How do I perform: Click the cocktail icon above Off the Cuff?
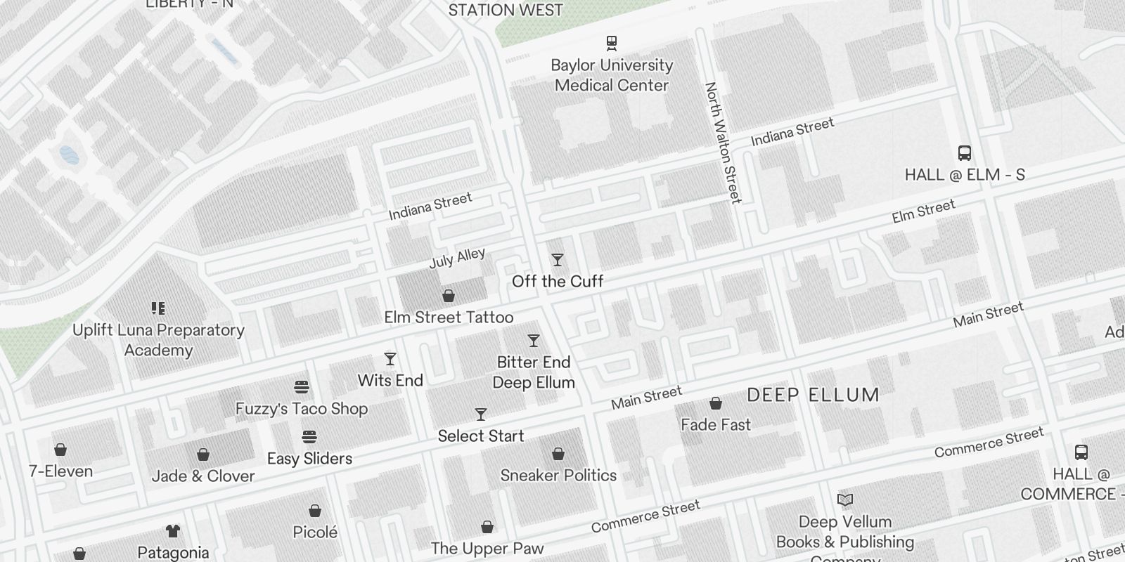[x=558, y=261]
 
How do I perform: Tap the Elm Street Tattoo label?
[x=449, y=318]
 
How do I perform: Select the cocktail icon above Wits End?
[x=390, y=360]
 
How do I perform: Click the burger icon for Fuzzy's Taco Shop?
[x=302, y=387]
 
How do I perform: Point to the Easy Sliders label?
[x=309, y=459]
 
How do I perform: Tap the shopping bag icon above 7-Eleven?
[x=60, y=450]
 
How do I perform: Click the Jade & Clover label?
[x=203, y=476]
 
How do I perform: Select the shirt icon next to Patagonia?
[x=172, y=531]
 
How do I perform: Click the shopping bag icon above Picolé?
[x=315, y=511]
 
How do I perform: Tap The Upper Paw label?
[x=487, y=549]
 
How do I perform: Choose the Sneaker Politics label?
[x=558, y=476]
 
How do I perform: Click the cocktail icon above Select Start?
[x=481, y=414]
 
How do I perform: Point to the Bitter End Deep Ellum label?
[x=534, y=372]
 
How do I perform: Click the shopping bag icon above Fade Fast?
[x=716, y=403]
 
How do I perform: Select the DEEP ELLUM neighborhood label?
[x=813, y=395]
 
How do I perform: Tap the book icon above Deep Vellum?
[x=845, y=500]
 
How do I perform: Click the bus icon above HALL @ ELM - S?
[x=965, y=153]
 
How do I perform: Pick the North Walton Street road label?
[x=724, y=143]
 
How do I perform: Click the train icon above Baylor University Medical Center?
[x=612, y=43]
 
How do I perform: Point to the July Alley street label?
[x=457, y=258]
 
